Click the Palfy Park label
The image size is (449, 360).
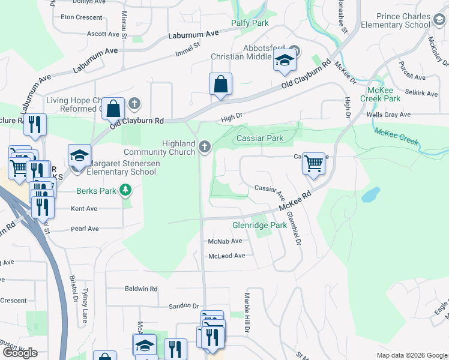[250, 23]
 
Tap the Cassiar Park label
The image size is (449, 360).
[260, 138]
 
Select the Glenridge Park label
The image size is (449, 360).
[259, 225]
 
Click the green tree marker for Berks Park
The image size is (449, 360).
[125, 191]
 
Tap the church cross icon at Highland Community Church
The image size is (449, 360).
[205, 147]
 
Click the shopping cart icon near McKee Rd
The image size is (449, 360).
[313, 163]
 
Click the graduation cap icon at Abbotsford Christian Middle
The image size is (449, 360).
[285, 60]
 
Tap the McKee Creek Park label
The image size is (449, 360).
[380, 94]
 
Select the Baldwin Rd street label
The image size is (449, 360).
[141, 289]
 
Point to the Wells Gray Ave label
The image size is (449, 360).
[388, 114]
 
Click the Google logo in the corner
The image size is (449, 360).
[20, 353]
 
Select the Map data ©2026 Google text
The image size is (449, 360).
[411, 355]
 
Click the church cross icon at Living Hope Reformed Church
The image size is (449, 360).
[134, 104]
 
